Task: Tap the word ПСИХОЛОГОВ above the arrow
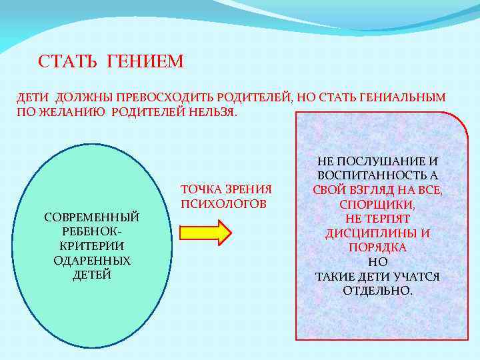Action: click(223, 203)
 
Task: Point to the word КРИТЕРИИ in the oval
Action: click(91, 246)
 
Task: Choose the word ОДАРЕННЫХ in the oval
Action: click(91, 261)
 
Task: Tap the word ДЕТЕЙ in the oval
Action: click(91, 275)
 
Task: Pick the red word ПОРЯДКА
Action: click(377, 247)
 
